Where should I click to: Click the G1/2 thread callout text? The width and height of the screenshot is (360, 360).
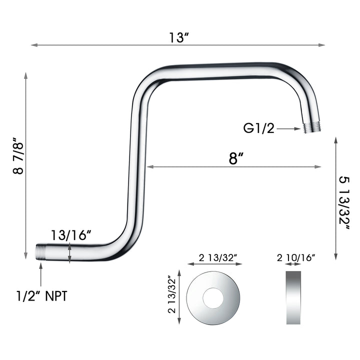[259, 128]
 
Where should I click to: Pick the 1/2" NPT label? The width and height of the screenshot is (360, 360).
[41, 296]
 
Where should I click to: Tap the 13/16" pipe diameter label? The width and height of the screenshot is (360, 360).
[70, 235]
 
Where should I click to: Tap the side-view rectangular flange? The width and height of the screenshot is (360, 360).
[296, 298]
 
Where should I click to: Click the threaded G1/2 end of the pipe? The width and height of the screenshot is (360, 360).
[312, 127]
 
